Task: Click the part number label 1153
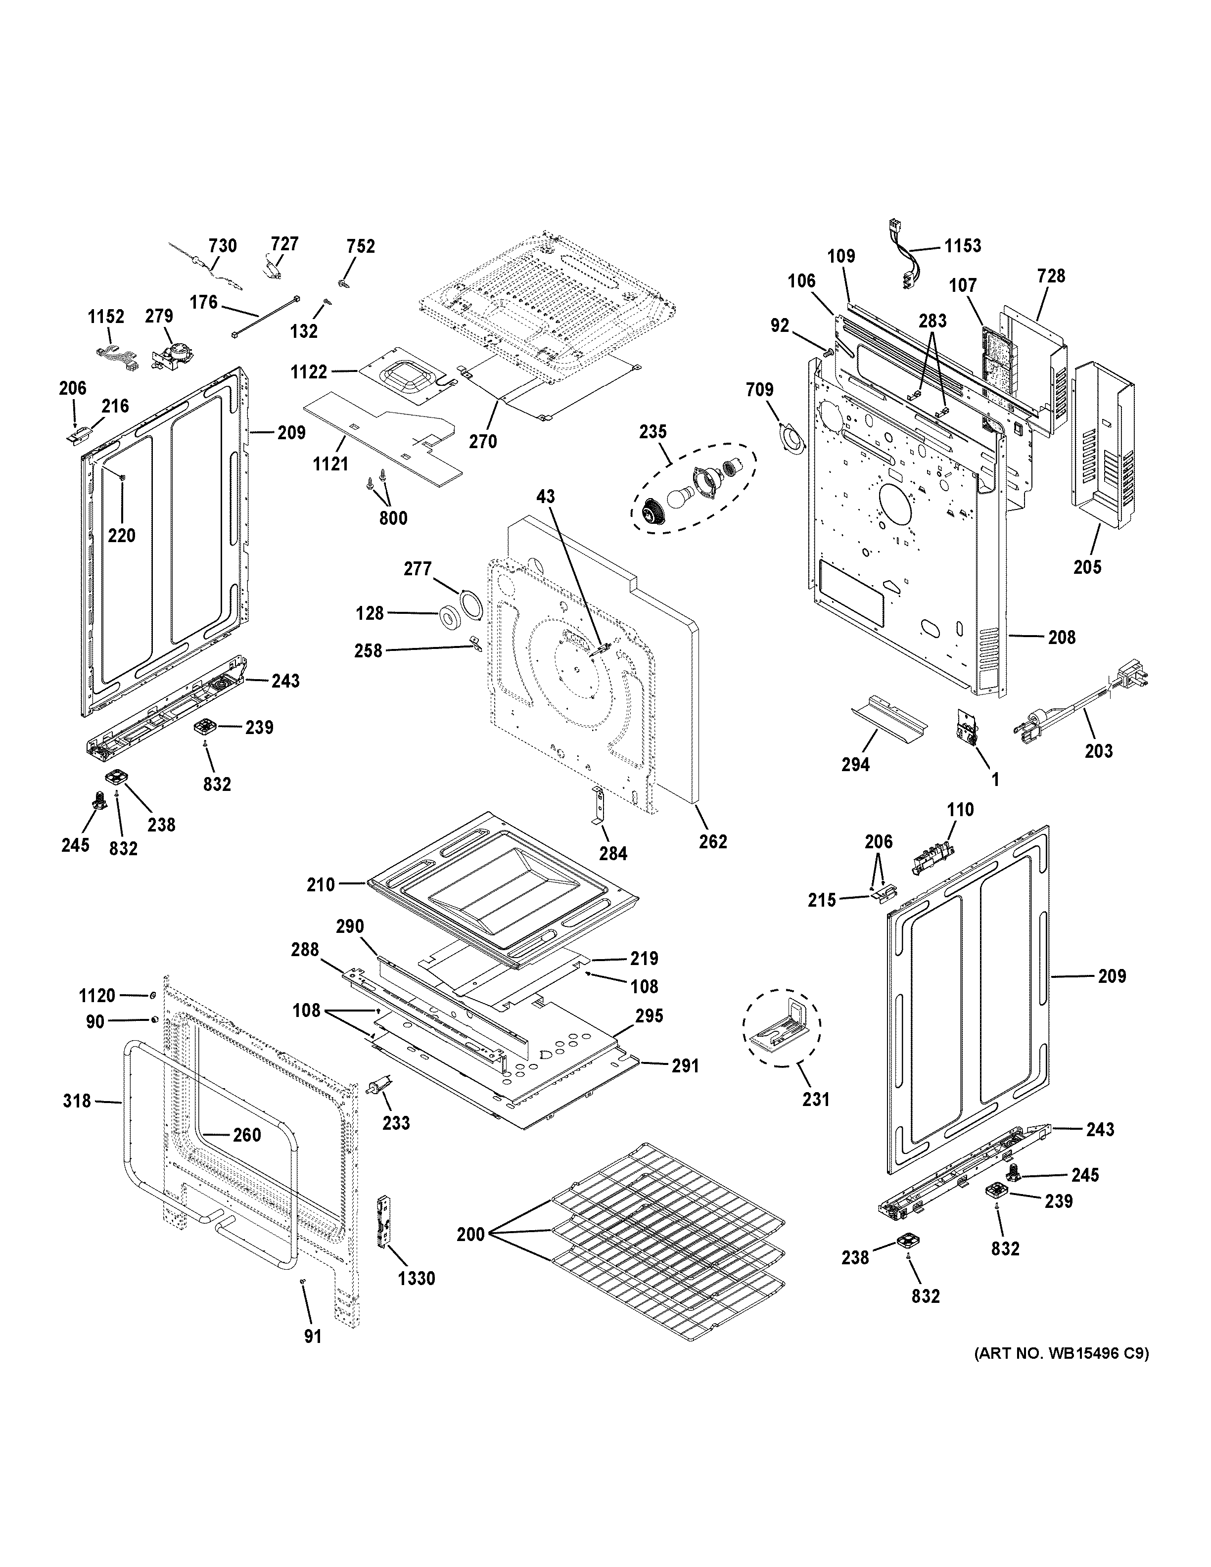(x=962, y=246)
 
